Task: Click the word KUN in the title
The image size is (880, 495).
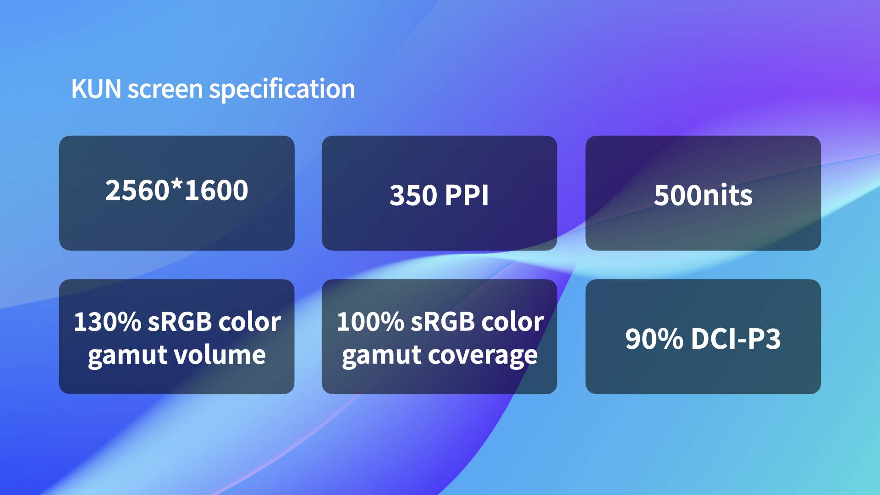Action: tap(96, 89)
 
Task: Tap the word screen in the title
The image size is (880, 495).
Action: tap(165, 90)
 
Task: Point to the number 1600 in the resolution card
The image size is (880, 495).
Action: tap(216, 191)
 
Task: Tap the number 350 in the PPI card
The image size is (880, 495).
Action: tap(413, 196)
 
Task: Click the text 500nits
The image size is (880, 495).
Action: tap(703, 196)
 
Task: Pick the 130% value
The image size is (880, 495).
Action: tap(107, 322)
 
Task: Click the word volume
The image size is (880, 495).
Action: tap(223, 355)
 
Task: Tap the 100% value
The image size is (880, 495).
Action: tap(370, 322)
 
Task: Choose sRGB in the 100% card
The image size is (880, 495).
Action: tap(443, 322)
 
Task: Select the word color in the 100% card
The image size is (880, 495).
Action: tap(512, 322)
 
